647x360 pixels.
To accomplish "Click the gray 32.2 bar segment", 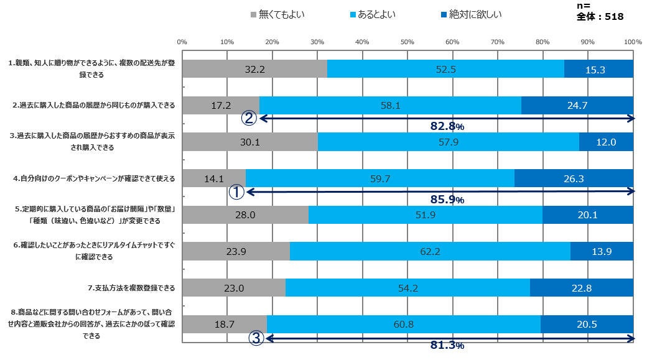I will (x=254, y=69).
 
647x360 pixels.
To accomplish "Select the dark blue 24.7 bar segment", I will (x=577, y=106).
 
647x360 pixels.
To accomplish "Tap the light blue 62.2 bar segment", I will (x=430, y=252).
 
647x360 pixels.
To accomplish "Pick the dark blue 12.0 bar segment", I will (x=606, y=142).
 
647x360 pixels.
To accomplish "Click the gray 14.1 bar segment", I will (x=213, y=179).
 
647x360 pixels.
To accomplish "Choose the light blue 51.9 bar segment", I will (x=425, y=215).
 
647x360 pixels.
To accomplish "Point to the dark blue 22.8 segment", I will (x=581, y=288).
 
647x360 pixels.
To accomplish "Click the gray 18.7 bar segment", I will (x=224, y=325).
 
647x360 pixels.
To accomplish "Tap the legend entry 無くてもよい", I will (x=276, y=13).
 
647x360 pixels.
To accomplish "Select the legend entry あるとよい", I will (x=373, y=13).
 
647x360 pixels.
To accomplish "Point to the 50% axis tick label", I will (x=407, y=42).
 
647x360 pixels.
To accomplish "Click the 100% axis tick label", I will (x=632, y=42).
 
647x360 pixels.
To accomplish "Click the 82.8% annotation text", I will (x=447, y=126).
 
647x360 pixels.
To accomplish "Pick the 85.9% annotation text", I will (x=447, y=200).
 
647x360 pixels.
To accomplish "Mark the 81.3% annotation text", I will (x=447, y=346).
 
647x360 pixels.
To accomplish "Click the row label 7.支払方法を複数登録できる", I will (x=131, y=288).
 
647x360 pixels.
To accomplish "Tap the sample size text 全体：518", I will (x=600, y=17).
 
